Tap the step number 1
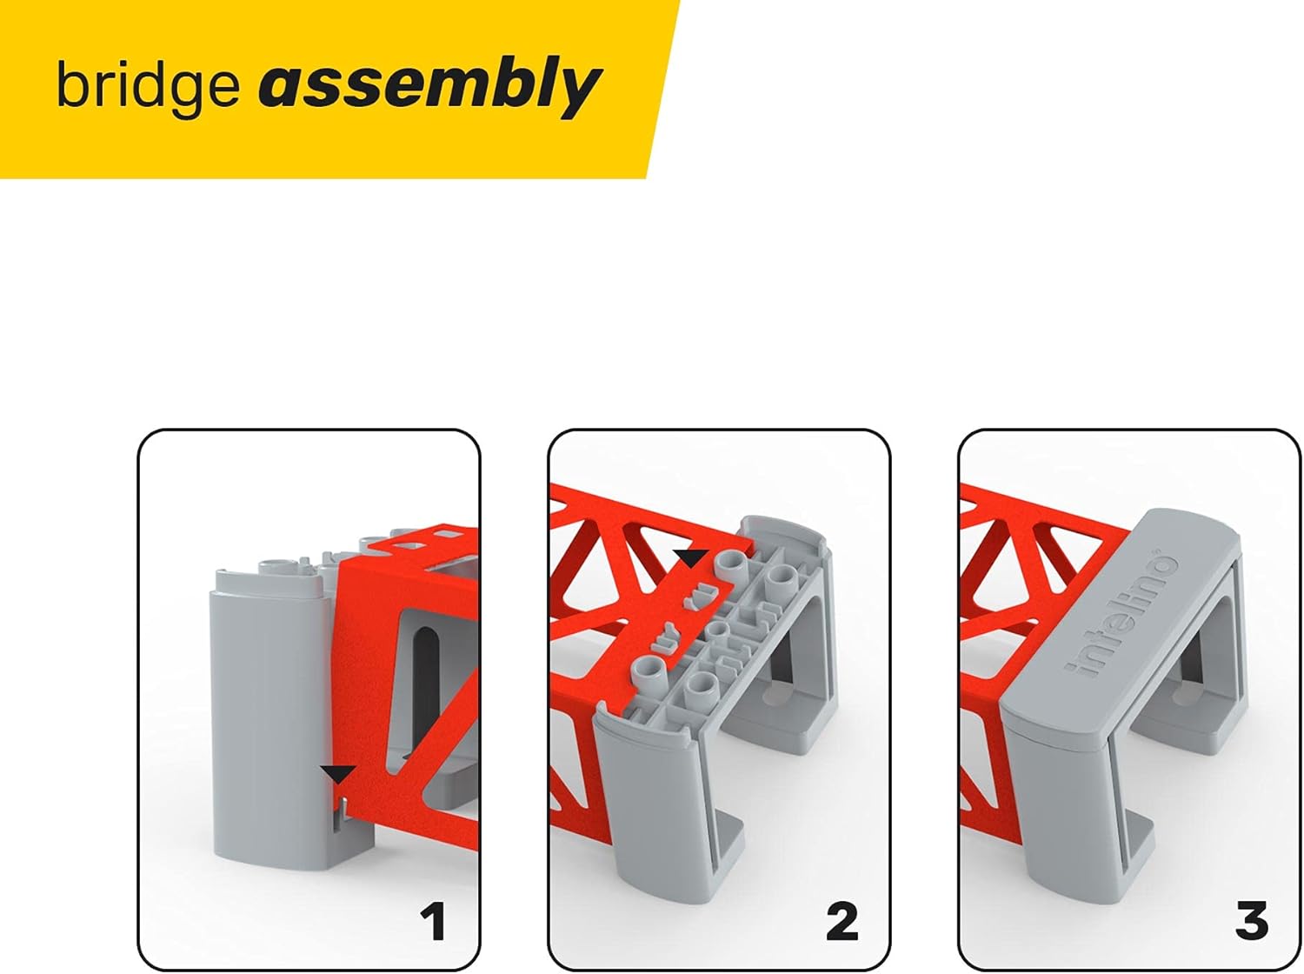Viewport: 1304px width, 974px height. click(433, 921)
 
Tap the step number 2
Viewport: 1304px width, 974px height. click(842, 921)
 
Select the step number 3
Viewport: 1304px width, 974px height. click(1251, 921)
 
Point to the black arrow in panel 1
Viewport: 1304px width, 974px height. click(338, 775)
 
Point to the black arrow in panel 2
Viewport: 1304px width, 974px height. click(691, 558)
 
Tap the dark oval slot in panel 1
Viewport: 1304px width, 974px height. click(426, 665)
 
